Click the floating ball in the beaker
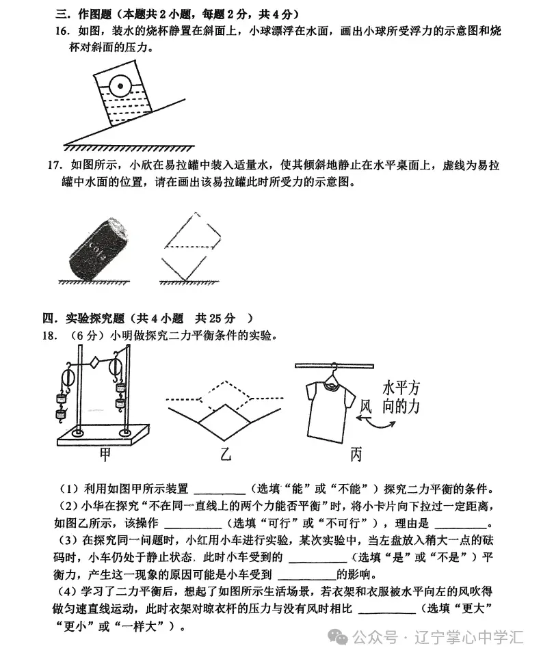coord(119,87)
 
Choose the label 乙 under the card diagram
coord(226,455)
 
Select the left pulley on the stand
coord(66,378)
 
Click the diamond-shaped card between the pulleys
coord(94,362)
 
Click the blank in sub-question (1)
coord(220,489)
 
